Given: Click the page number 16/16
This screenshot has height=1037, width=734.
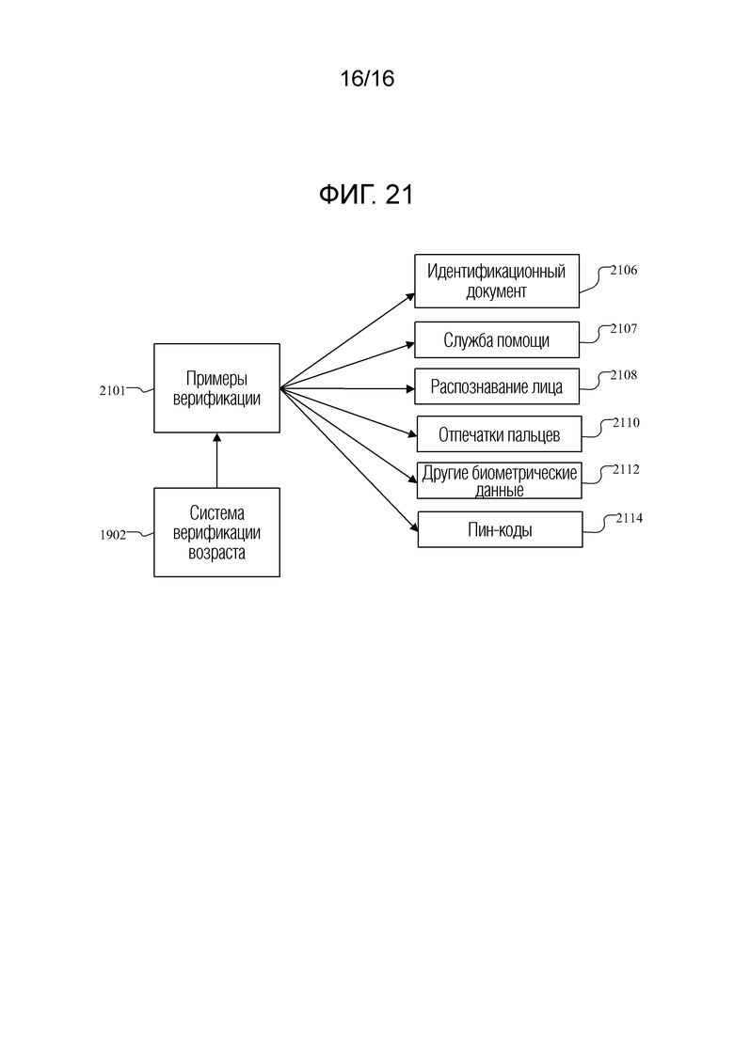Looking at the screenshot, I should (367, 79).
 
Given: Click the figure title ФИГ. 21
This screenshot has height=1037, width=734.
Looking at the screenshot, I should (367, 196).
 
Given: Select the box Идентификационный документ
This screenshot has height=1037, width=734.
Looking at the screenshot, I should (497, 281).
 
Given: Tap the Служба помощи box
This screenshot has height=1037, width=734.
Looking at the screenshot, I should (497, 340).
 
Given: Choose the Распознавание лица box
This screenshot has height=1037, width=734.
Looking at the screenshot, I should (497, 386).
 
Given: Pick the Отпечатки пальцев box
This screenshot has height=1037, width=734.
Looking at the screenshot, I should (499, 434).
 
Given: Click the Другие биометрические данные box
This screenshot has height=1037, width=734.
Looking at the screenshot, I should (500, 480).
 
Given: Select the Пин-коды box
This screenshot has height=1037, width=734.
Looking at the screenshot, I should (500, 529).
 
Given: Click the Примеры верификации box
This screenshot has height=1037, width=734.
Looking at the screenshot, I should (216, 387).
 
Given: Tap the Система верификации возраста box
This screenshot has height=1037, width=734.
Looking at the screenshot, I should (216, 532).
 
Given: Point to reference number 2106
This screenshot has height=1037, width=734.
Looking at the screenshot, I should (624, 271).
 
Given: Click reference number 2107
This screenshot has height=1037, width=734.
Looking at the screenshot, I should (624, 329).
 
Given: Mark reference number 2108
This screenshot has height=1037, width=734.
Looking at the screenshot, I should (624, 375).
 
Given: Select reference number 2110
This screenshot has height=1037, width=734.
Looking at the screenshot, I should (626, 423).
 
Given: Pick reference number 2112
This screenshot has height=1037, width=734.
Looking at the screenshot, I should (626, 469).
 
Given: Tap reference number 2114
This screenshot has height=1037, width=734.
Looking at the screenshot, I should (630, 517).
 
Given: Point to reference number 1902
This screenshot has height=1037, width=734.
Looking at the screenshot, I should (113, 535).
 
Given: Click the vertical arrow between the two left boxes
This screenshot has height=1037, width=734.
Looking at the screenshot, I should (216, 461).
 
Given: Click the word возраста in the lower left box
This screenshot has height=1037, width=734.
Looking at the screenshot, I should (216, 553).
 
